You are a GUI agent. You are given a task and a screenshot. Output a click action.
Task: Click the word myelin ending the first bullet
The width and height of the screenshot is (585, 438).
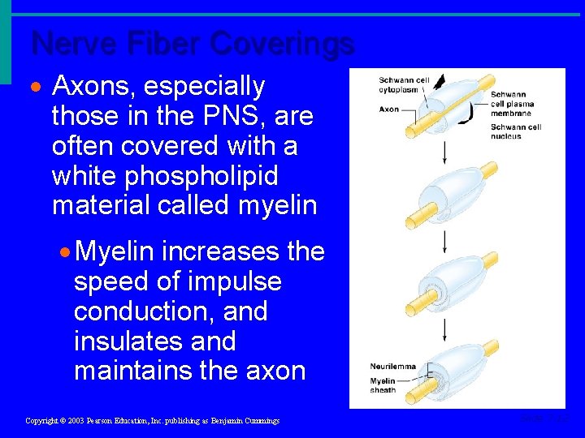(x=277, y=206)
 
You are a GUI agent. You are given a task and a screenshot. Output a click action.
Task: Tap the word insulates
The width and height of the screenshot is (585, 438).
(x=127, y=341)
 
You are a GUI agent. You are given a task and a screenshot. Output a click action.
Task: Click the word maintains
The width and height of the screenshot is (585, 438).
(x=136, y=371)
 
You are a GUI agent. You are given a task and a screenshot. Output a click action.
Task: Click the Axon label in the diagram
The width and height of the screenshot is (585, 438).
(x=388, y=109)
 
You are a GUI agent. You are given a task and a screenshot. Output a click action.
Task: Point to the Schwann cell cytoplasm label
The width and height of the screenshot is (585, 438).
(x=403, y=84)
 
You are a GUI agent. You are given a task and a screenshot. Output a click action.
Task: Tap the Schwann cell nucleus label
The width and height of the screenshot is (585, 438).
(x=515, y=131)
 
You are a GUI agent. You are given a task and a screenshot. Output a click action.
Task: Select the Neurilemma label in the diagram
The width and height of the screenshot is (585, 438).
(x=392, y=367)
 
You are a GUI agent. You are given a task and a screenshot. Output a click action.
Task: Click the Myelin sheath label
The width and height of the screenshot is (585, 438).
(x=383, y=385)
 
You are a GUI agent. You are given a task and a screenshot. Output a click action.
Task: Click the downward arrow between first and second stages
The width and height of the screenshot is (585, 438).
(x=444, y=151)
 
